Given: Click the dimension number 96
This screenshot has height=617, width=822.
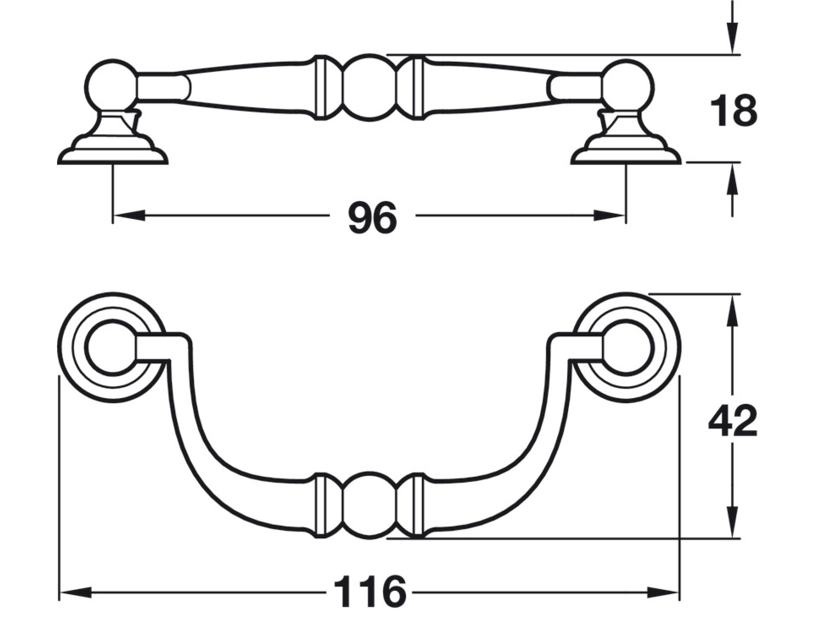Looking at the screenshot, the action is click(x=372, y=218).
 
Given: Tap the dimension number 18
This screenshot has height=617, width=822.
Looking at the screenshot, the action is click(x=733, y=111).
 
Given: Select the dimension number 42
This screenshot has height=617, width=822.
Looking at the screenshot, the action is click(x=732, y=421).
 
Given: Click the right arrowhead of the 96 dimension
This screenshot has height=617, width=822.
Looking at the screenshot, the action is click(x=609, y=215).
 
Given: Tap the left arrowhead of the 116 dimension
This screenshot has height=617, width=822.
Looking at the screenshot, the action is click(x=76, y=593).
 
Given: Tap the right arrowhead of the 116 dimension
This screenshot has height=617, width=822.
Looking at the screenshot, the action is click(x=663, y=593).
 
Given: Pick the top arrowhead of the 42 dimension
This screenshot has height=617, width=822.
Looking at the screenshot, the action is click(x=732, y=310).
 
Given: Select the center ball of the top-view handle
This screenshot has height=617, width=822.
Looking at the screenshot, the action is click(x=369, y=87).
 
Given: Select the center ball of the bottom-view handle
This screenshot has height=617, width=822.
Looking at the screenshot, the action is click(x=369, y=505).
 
